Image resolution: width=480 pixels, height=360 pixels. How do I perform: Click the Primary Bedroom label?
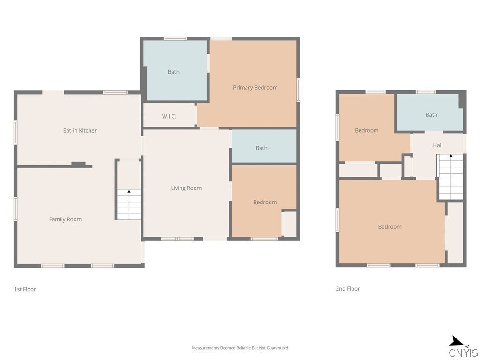(x=255, y=88)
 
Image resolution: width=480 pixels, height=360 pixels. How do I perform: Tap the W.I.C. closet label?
(x=169, y=116)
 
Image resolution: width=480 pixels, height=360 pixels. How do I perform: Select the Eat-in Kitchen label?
(x=80, y=131)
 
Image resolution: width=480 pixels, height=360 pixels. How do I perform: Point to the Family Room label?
(x=65, y=219)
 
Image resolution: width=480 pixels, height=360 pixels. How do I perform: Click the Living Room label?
(x=186, y=188)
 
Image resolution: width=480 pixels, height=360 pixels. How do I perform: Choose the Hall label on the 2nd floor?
(x=437, y=145)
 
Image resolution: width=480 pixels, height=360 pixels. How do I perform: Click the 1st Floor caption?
(x=25, y=289)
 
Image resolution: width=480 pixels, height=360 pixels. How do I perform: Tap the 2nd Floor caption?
(x=347, y=289)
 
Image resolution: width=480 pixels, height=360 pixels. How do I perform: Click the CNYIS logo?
(x=463, y=347)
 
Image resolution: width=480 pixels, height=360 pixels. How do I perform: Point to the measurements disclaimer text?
(x=240, y=348)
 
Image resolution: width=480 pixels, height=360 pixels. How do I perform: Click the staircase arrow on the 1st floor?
(x=129, y=192)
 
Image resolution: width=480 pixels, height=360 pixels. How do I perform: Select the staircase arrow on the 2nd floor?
(x=451, y=157)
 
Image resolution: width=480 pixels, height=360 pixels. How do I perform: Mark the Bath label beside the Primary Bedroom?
(x=173, y=72)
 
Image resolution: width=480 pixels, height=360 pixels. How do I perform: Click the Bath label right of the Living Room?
(x=262, y=148)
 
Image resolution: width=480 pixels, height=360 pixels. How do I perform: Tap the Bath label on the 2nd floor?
(x=431, y=115)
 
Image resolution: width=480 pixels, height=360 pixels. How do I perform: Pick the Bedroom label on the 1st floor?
(x=265, y=202)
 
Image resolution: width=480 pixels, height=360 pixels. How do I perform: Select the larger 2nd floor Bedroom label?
(x=390, y=227)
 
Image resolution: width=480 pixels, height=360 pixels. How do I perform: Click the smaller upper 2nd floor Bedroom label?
(x=366, y=131)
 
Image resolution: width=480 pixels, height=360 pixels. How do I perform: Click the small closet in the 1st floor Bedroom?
(x=289, y=225)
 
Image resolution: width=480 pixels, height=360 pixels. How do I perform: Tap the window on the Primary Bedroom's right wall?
(x=298, y=90)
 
